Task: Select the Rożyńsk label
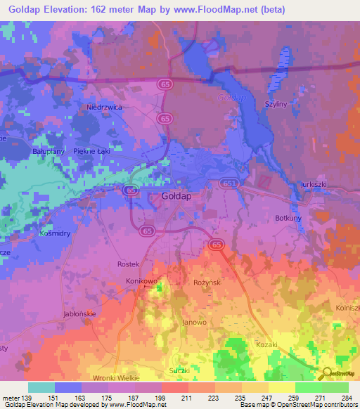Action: (x=207, y=282)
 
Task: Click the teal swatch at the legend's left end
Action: (x=41, y=387)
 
